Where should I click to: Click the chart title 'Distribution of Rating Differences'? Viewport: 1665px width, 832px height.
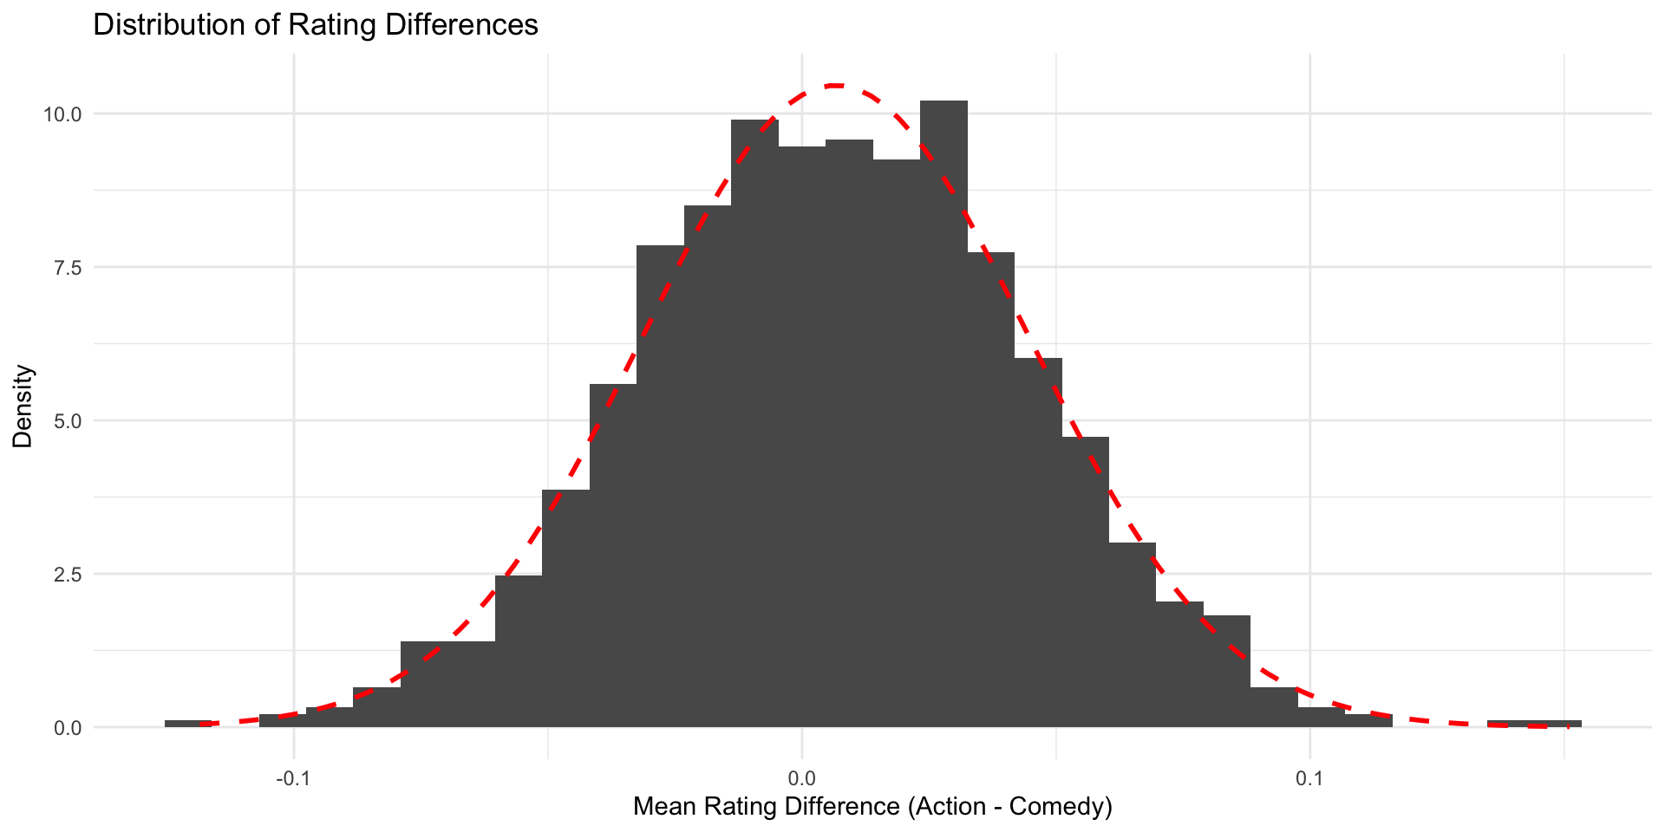(315, 24)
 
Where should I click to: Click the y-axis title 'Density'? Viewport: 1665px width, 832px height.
(23, 406)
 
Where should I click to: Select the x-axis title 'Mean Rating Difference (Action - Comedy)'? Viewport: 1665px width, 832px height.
(872, 807)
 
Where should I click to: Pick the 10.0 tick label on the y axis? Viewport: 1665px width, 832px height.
(63, 114)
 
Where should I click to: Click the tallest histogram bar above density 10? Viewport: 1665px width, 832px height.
(943, 416)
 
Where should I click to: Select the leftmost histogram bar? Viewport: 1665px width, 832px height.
(188, 723)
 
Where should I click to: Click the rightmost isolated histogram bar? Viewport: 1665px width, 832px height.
(1534, 723)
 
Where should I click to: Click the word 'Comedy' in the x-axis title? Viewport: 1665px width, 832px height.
(1062, 807)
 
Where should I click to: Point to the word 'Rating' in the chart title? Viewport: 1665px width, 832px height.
(333, 24)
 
